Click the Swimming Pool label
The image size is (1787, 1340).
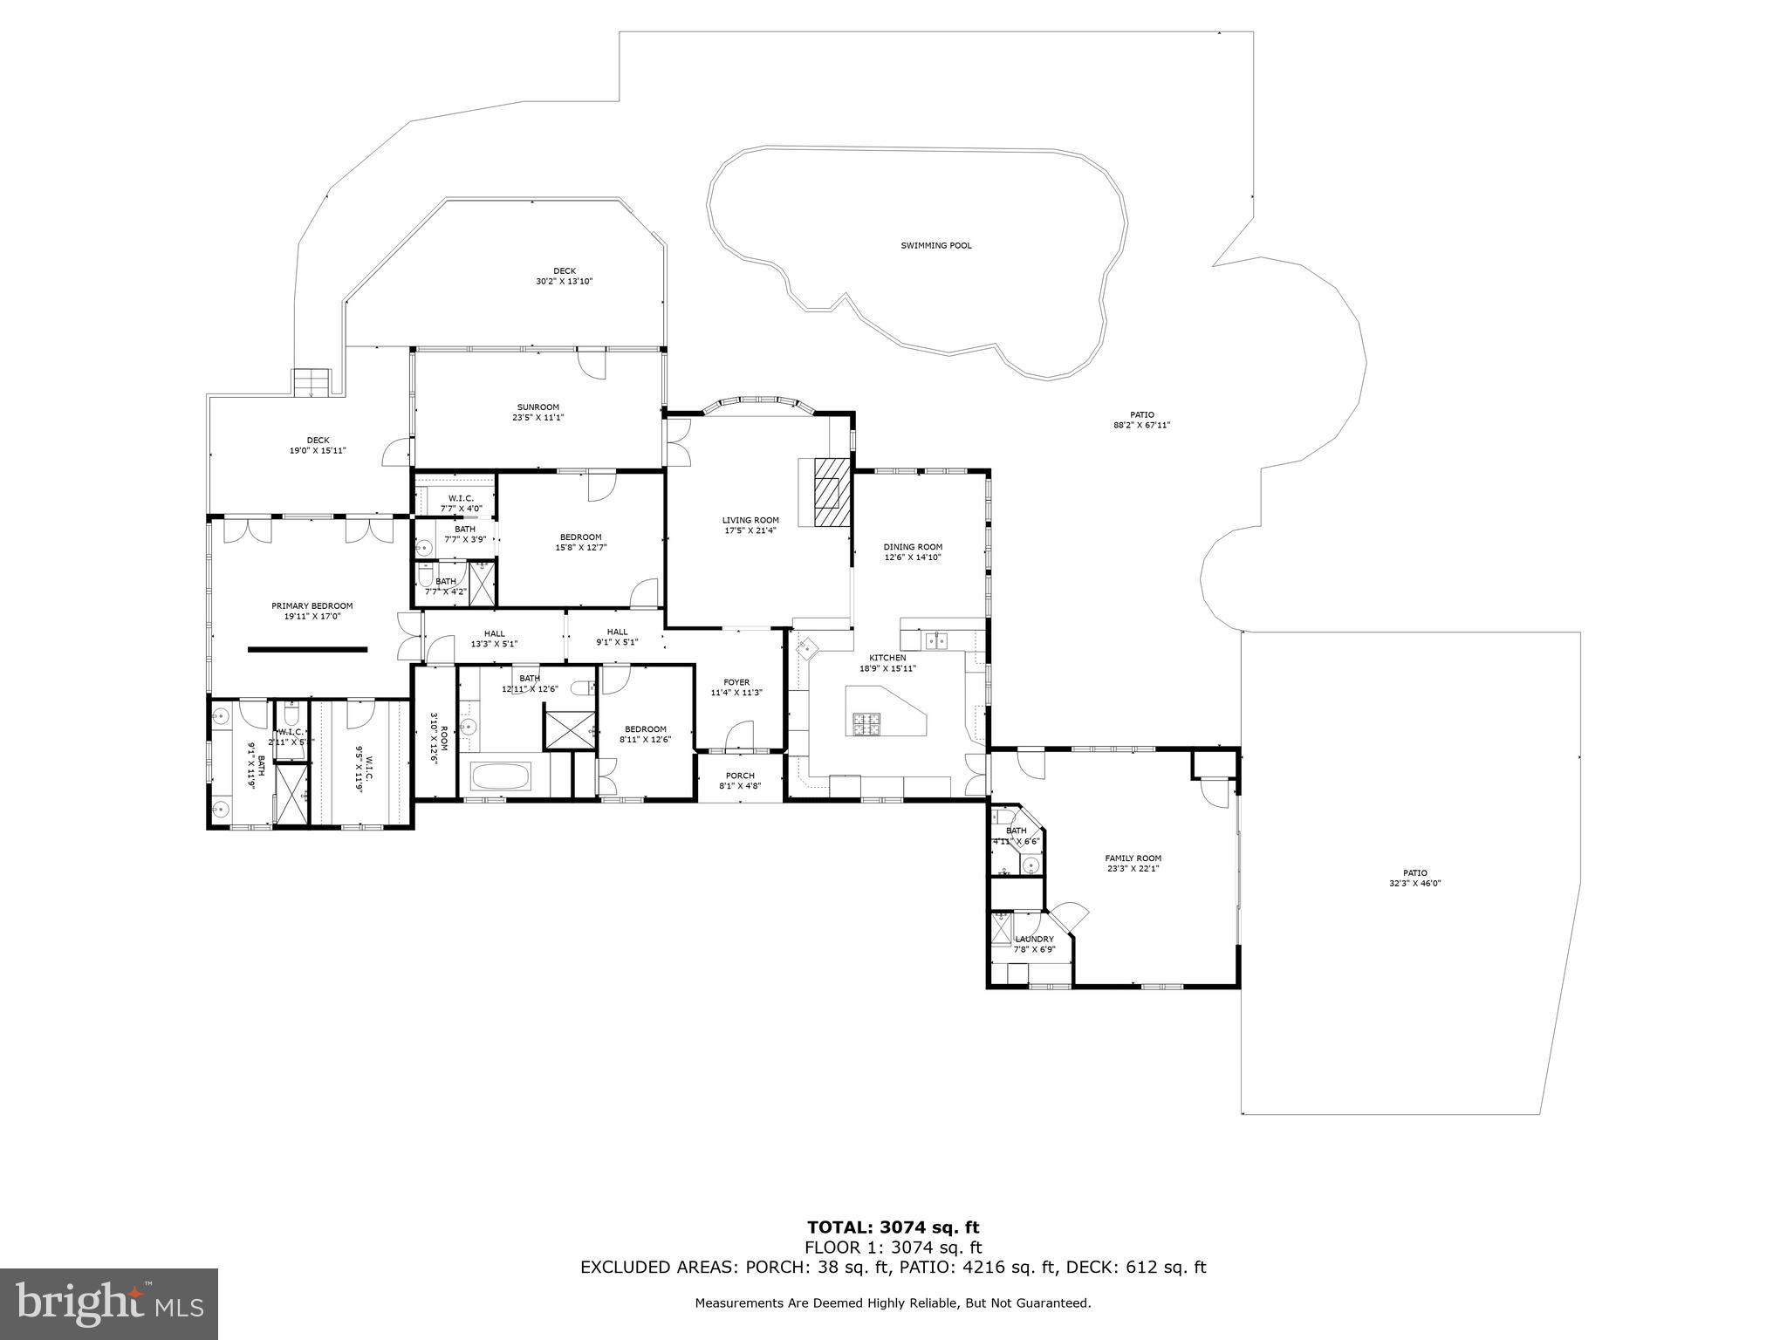pos(935,246)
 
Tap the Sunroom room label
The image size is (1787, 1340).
pos(537,407)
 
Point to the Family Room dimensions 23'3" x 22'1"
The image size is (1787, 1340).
pos(1133,869)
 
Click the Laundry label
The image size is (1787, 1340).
pos(1034,940)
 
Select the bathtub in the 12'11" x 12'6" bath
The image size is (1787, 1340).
pos(500,776)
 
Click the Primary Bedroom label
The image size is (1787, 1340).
pos(312,606)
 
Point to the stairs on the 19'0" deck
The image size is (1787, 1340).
pos(312,382)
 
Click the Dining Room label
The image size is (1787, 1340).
pos(913,547)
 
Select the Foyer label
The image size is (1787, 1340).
pos(736,683)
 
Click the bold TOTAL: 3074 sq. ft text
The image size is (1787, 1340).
pos(893,1228)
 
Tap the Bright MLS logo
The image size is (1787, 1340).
pos(109,1303)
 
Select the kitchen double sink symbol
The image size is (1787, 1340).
pos(937,641)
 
